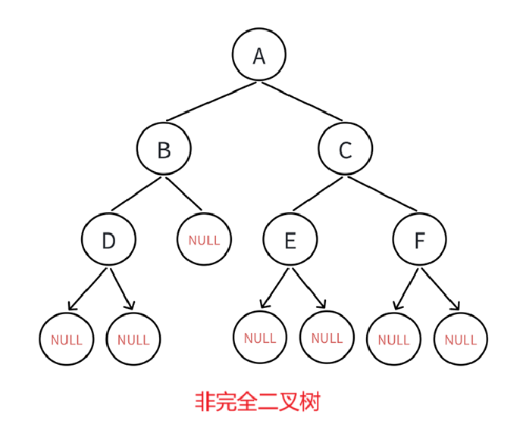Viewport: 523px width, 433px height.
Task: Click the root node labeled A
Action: pyautogui.click(x=259, y=55)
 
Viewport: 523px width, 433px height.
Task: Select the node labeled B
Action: pyautogui.click(x=164, y=150)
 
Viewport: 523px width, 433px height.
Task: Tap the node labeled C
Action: pyautogui.click(x=345, y=150)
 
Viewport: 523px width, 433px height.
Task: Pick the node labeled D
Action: pyautogui.click(x=108, y=240)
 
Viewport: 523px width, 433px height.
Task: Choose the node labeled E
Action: pyautogui.click(x=290, y=240)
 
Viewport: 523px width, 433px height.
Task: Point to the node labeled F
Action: pyautogui.click(x=419, y=240)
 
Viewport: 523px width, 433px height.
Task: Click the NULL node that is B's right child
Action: pyautogui.click(x=204, y=240)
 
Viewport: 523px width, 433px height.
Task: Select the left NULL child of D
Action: pyautogui.click(x=67, y=339)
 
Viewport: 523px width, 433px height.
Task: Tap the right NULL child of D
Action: pyautogui.click(x=133, y=339)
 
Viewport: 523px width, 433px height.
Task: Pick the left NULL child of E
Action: pyautogui.click(x=260, y=338)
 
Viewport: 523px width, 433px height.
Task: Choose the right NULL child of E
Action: pyautogui.click(x=327, y=338)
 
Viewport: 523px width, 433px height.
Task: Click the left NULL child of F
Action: pyautogui.click(x=393, y=339)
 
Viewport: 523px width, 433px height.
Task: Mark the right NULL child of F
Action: pyautogui.click(x=461, y=339)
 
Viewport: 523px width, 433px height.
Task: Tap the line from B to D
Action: pyautogui.click(x=136, y=195)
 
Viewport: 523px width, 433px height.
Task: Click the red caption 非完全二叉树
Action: pyautogui.click(x=258, y=401)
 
